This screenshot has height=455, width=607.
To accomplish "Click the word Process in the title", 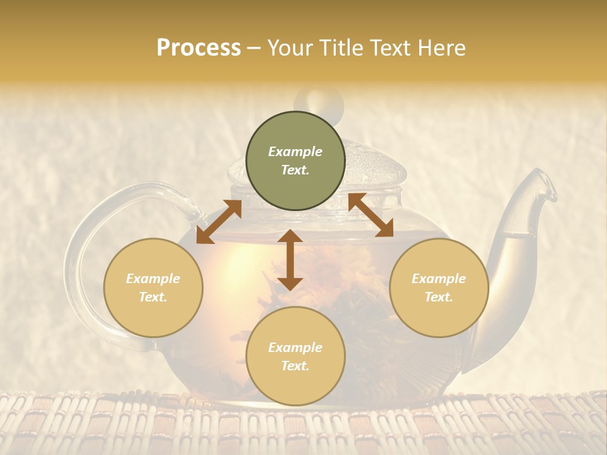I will tap(199, 48).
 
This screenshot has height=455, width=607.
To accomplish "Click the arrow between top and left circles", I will tap(219, 222).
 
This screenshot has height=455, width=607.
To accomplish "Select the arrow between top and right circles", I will tap(371, 215).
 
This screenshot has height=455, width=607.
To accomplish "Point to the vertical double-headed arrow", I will tap(290, 260).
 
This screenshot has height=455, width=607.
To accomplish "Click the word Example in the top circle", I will tap(295, 152).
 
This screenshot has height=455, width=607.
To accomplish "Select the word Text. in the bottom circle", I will tap(295, 366).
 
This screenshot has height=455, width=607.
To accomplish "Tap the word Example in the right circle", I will tap(439, 279).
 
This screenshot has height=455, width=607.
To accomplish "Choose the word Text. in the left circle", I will tap(153, 297).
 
